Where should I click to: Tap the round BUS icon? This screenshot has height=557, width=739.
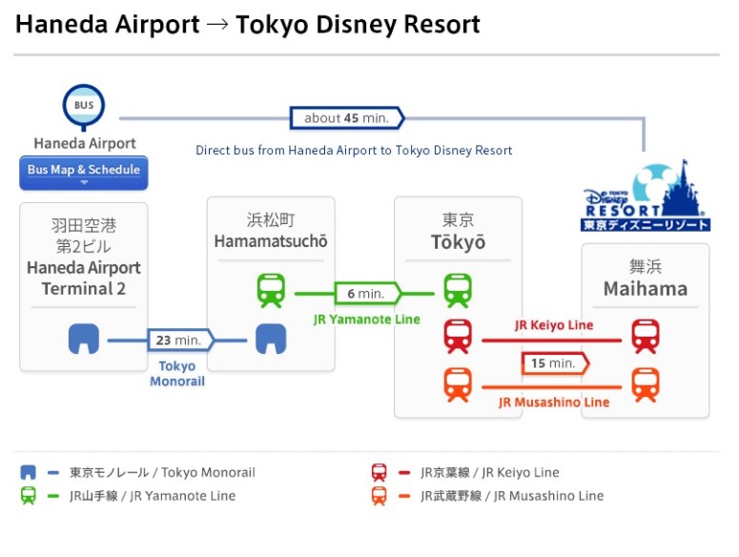(84, 105)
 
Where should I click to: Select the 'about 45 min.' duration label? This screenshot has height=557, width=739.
(346, 118)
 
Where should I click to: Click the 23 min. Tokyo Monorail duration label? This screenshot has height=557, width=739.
(179, 340)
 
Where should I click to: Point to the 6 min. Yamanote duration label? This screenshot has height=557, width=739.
(365, 294)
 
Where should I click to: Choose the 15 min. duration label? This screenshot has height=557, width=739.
(553, 363)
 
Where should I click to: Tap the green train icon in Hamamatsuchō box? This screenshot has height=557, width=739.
(271, 290)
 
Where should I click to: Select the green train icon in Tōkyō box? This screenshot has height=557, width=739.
(458, 290)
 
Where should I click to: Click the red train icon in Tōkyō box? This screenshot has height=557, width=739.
(458, 337)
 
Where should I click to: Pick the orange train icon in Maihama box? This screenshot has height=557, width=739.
(646, 384)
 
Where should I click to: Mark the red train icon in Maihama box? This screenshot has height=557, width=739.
(646, 337)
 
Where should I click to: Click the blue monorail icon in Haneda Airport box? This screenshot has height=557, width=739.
(84, 339)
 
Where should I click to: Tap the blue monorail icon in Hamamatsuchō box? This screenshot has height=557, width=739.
(271, 339)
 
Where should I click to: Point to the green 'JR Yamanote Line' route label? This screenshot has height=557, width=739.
(366, 320)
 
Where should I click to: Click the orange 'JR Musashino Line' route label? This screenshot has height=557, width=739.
(553, 402)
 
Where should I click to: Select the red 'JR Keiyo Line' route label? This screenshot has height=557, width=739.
(553, 325)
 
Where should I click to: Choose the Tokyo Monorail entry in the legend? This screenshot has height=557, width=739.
(161, 472)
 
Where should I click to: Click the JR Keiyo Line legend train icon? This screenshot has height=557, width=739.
(379, 472)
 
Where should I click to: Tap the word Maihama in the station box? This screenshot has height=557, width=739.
(645, 288)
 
